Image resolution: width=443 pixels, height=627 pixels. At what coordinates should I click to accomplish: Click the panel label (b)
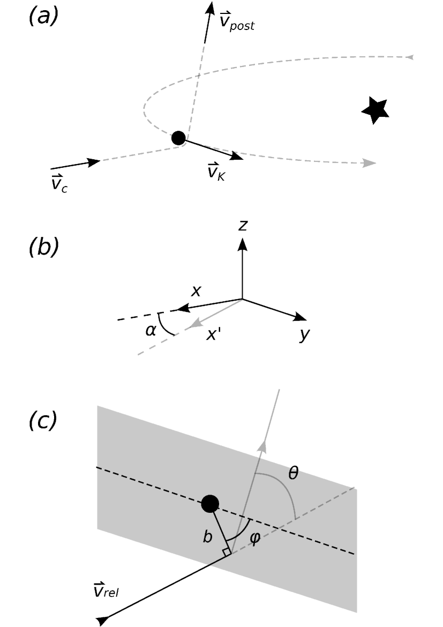pos(42,250)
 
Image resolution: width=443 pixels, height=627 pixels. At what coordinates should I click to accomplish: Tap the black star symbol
pos(375,110)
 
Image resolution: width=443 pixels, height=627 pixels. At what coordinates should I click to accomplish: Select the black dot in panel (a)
pos(178,138)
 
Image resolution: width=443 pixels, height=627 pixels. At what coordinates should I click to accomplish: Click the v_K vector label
pos(216,172)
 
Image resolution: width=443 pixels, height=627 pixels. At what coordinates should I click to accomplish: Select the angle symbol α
pos(151,331)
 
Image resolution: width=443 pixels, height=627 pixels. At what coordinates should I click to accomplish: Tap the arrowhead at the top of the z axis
pos(243,243)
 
